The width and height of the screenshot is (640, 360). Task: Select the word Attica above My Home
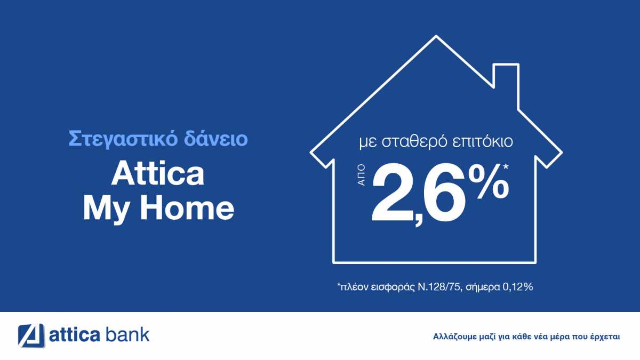click(158, 174)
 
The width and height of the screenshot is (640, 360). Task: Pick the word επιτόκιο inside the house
click(483, 142)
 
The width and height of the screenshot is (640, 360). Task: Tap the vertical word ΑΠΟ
click(362, 175)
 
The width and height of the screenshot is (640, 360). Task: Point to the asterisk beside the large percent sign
click(506, 166)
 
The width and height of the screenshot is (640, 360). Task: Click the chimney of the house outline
click(506, 86)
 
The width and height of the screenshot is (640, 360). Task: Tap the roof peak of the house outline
click(436, 37)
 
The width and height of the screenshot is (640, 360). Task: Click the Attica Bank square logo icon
click(31, 335)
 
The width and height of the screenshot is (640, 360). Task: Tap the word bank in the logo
click(127, 334)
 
